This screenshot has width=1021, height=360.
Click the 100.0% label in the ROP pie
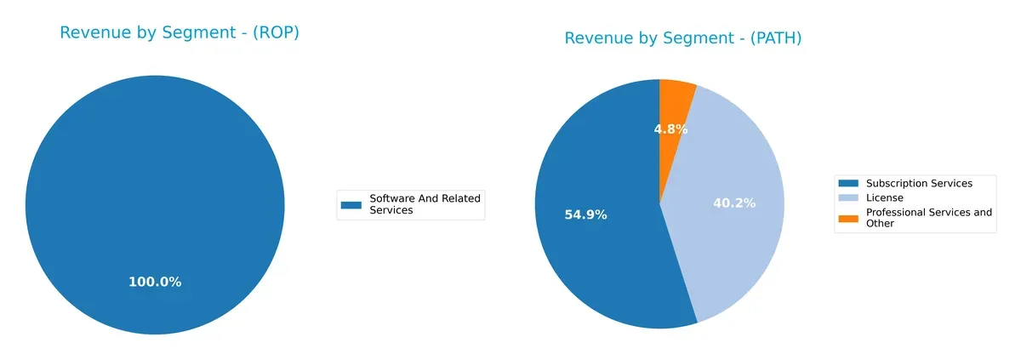(x=155, y=282)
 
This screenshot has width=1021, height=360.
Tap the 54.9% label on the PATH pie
(x=585, y=214)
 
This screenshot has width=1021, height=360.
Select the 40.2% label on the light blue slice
(x=734, y=203)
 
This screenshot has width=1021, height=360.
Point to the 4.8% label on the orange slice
(x=670, y=129)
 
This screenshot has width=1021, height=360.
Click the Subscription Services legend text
(x=918, y=183)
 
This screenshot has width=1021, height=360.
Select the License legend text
(x=884, y=197)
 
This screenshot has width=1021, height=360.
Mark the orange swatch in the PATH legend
(x=849, y=218)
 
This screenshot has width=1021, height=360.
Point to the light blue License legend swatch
(x=849, y=197)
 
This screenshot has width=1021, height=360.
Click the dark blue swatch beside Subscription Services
(x=849, y=183)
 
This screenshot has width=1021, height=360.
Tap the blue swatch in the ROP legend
(x=351, y=204)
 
